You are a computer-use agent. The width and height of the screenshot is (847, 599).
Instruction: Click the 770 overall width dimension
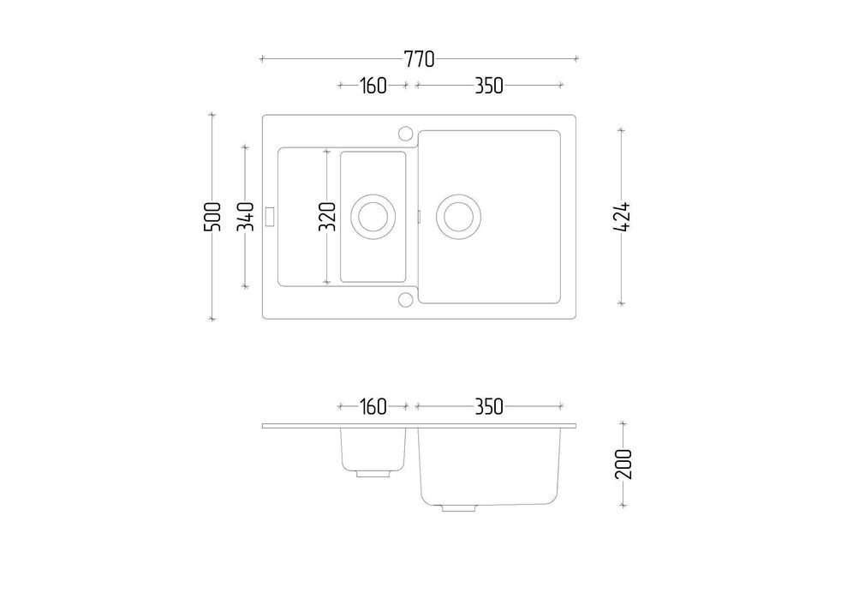click(419, 59)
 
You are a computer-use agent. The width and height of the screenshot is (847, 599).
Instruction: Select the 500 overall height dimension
click(212, 217)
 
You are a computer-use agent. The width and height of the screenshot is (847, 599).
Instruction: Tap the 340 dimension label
click(245, 217)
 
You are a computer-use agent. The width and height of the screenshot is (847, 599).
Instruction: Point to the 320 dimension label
click(327, 217)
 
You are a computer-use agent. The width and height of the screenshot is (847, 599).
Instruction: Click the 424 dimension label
click(622, 217)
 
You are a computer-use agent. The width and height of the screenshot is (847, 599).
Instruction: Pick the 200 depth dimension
click(623, 464)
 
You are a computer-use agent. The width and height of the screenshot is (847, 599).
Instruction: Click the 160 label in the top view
click(373, 86)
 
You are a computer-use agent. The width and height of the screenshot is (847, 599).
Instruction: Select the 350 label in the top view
click(489, 86)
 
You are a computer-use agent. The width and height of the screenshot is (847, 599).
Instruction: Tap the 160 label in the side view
click(373, 406)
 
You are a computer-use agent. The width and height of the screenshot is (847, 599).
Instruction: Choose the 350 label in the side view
click(489, 406)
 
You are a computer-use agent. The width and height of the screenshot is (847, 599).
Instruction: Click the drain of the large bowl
click(458, 217)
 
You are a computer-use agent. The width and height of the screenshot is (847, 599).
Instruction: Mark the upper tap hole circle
click(405, 133)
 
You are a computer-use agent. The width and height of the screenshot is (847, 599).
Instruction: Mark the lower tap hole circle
click(405, 300)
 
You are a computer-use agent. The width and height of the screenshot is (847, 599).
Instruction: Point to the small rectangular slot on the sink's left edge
click(271, 216)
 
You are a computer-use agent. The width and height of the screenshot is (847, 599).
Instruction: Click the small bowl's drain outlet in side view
click(373, 473)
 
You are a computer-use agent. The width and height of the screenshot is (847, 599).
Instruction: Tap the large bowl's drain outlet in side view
click(458, 507)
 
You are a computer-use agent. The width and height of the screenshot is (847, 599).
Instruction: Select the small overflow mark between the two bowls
click(419, 216)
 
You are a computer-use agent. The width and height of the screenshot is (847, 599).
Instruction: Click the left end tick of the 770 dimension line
click(262, 58)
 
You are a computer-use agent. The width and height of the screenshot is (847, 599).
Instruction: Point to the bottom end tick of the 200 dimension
click(623, 506)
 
